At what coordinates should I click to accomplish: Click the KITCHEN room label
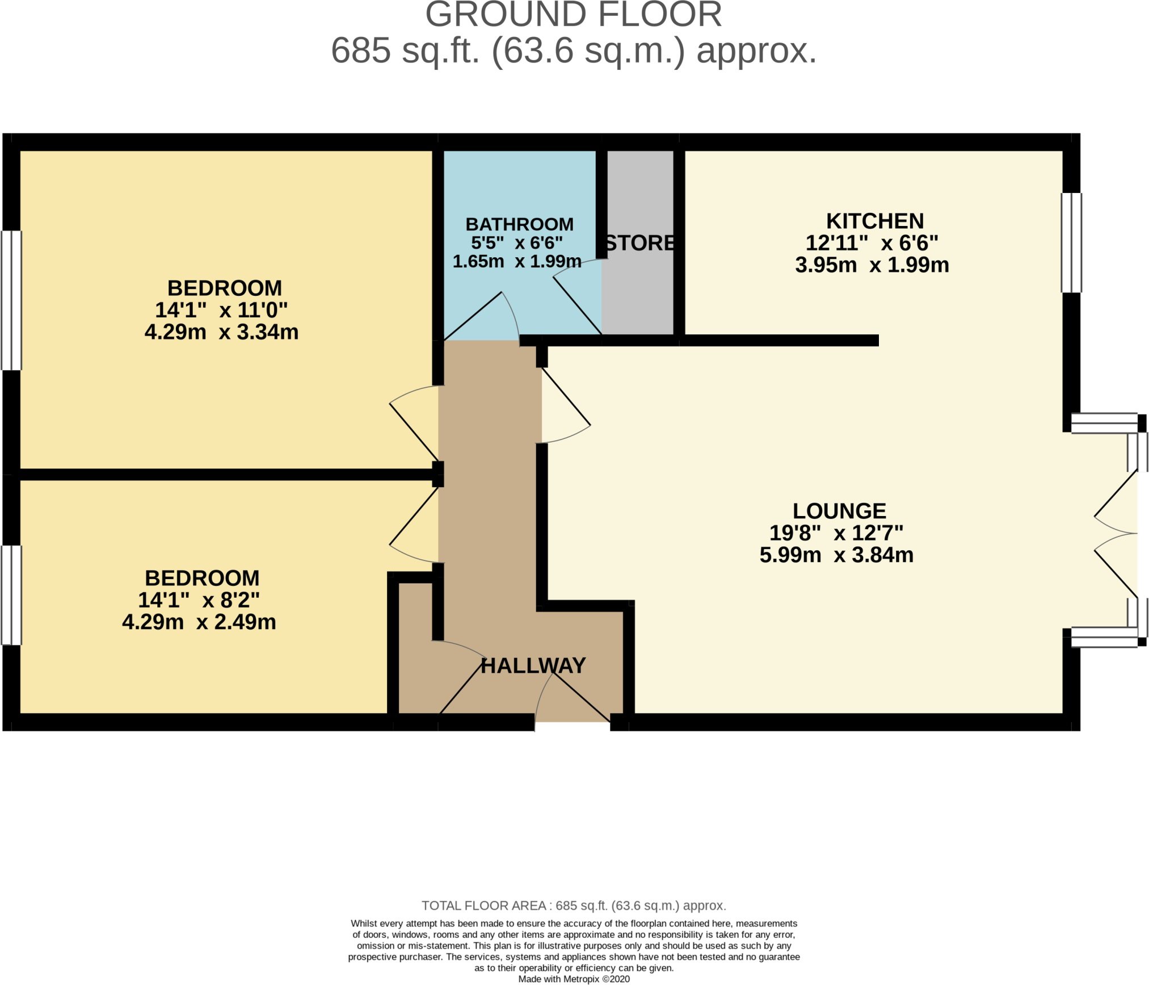[875, 221]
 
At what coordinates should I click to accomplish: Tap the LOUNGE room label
[839, 511]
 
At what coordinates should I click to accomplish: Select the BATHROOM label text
[519, 224]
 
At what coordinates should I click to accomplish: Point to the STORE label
[641, 243]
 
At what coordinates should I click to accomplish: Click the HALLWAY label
[533, 665]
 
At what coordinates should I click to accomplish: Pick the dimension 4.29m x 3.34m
[221, 332]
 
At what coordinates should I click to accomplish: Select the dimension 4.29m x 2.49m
[199, 622]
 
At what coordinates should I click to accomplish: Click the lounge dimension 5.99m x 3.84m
[836, 555]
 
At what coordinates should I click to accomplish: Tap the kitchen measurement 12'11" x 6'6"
[872, 243]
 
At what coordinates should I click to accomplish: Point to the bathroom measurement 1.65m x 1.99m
[517, 261]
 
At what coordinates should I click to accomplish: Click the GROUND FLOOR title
[574, 15]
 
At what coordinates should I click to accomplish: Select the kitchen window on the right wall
[1071, 243]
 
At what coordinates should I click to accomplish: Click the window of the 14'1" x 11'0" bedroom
[11, 300]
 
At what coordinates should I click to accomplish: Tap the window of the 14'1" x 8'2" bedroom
[11, 595]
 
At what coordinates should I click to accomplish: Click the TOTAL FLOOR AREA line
[574, 906]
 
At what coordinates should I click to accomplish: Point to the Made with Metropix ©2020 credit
[574, 979]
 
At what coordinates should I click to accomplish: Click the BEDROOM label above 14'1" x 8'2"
[202, 578]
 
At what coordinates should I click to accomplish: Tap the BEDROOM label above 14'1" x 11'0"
[225, 288]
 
